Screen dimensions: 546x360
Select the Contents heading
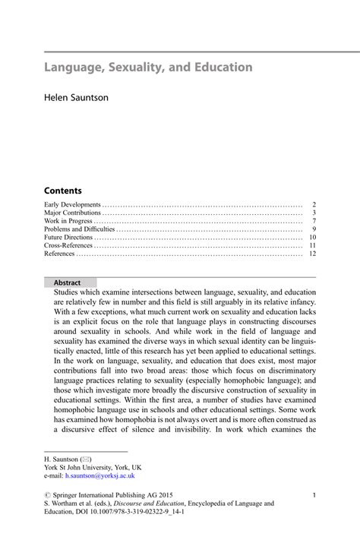click(x=62, y=191)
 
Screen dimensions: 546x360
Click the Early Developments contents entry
click(x=72, y=205)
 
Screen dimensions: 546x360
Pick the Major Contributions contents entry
click(x=73, y=213)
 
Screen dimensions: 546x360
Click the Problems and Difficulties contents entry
click(x=80, y=229)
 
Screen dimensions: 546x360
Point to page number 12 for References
click(x=311, y=254)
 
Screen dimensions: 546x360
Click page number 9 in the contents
click(x=314, y=229)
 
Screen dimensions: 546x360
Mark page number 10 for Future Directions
click(x=311, y=237)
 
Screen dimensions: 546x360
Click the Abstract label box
click(x=68, y=282)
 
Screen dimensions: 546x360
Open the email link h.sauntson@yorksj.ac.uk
click(x=99, y=475)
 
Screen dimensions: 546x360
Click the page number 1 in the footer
click(x=314, y=495)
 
